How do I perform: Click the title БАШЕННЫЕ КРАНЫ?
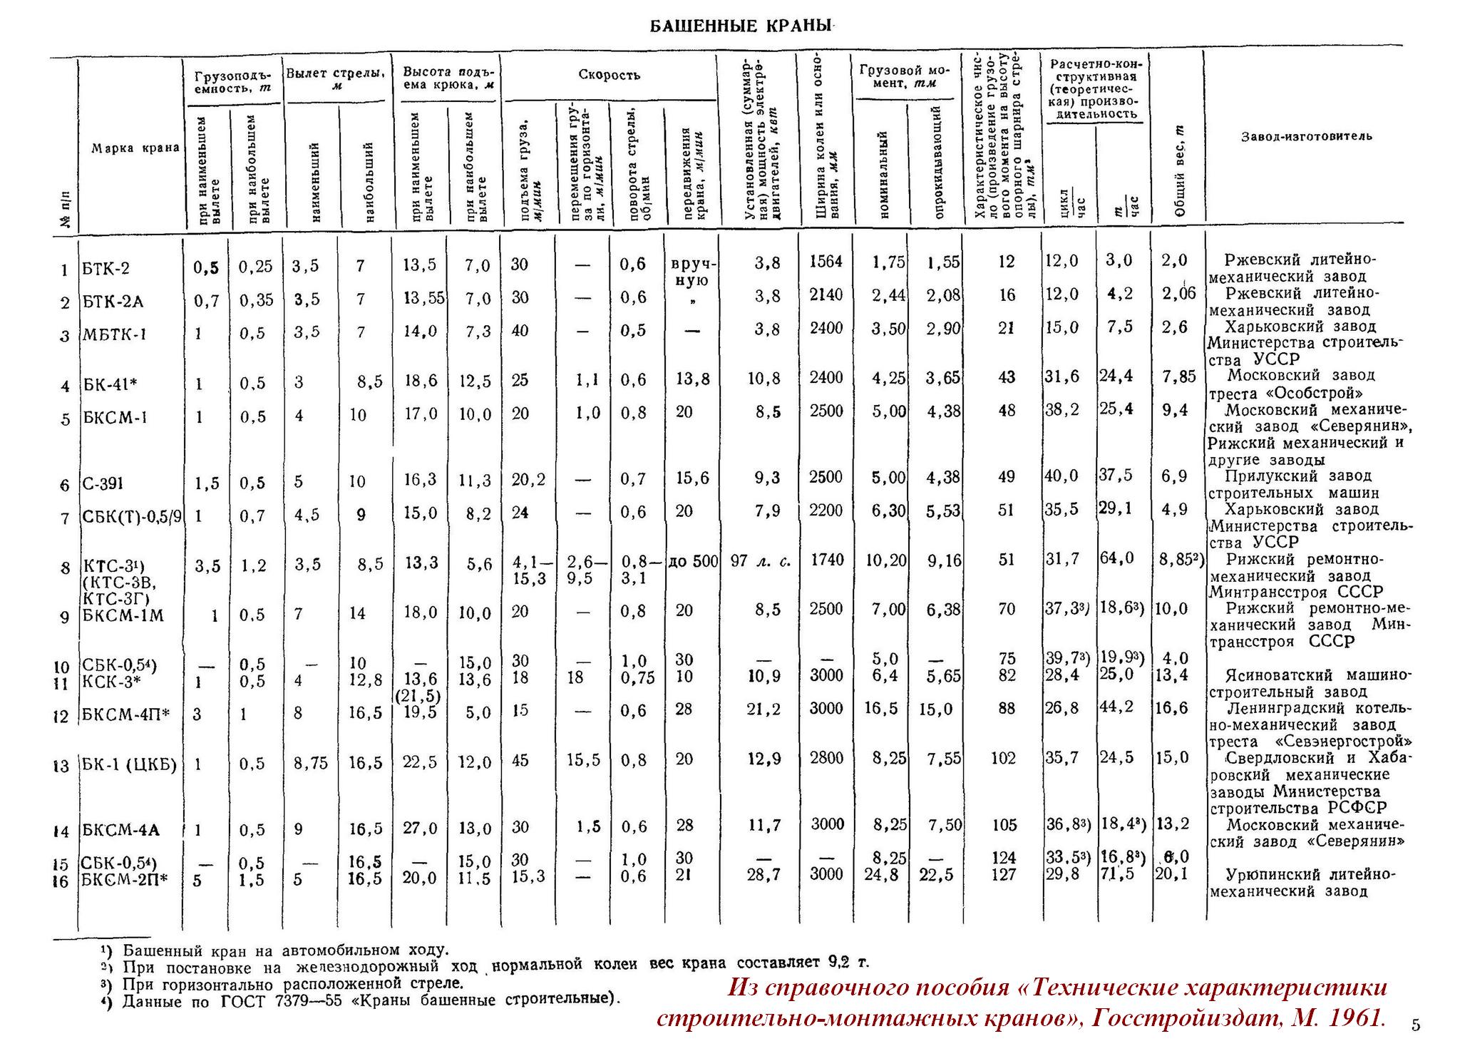coord(741,27)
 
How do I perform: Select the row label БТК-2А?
coord(113,302)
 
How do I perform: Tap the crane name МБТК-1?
coord(115,334)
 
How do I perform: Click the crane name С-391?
coord(103,484)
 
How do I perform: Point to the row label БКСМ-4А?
coord(120,830)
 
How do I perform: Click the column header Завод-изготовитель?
coord(1306,136)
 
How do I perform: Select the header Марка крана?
coord(135,148)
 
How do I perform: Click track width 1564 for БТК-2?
coord(826,262)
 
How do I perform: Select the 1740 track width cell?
coord(826,560)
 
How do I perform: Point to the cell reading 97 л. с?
coord(761,561)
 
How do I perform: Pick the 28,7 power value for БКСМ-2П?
coord(764,875)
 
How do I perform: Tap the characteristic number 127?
coord(1003,875)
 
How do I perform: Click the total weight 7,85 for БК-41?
coord(1178,377)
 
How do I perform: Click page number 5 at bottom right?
coord(1415,1026)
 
